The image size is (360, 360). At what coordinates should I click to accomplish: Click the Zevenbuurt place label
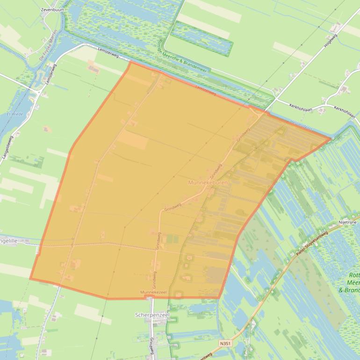tap(52, 9)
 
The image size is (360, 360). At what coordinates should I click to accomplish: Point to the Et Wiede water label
tap(14, 114)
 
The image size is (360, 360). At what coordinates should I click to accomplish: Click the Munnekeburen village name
tap(208, 182)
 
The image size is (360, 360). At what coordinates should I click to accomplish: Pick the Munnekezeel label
tap(153, 292)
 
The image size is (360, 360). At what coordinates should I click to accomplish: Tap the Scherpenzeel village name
tap(152, 315)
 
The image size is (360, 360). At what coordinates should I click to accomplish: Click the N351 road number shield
tap(225, 343)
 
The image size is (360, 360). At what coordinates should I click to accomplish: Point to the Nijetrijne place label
tap(348, 223)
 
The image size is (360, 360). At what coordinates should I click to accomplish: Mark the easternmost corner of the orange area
tap(331, 138)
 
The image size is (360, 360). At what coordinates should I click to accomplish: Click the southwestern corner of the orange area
tap(30, 279)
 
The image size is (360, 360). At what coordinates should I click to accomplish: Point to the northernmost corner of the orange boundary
tap(130, 62)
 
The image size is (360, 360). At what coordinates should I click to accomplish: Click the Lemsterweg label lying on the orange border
tap(206, 90)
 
